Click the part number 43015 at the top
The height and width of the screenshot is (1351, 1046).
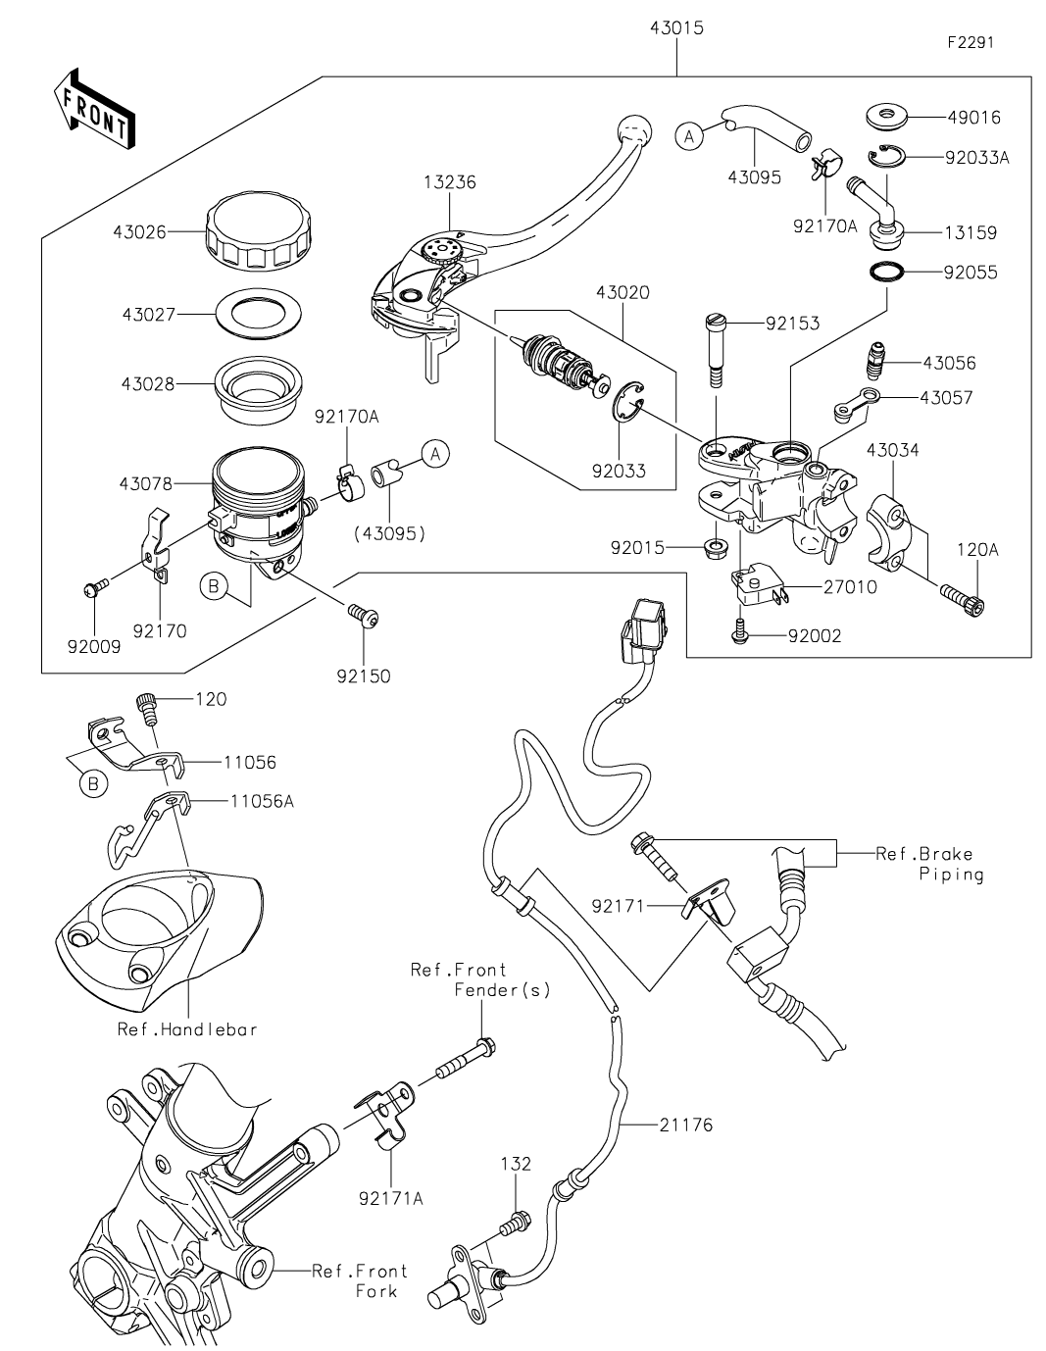pyautogui.click(x=676, y=28)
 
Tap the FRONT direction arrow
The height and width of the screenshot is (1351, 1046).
pyautogui.click(x=94, y=109)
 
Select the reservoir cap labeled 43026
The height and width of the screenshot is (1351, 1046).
pyautogui.click(x=257, y=231)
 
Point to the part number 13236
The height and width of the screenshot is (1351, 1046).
pyautogui.click(x=450, y=182)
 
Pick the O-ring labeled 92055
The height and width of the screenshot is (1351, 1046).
pyautogui.click(x=887, y=272)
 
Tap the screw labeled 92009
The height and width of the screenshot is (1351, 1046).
pyautogui.click(x=95, y=588)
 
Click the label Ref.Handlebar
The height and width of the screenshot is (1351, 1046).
pyautogui.click(x=187, y=1029)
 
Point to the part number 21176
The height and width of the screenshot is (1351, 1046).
pyautogui.click(x=685, y=1125)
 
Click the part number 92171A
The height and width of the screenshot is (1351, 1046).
pyautogui.click(x=391, y=1198)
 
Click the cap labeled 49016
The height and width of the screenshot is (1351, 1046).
pyautogui.click(x=887, y=117)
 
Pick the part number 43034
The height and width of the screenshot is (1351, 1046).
pyautogui.click(x=892, y=450)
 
